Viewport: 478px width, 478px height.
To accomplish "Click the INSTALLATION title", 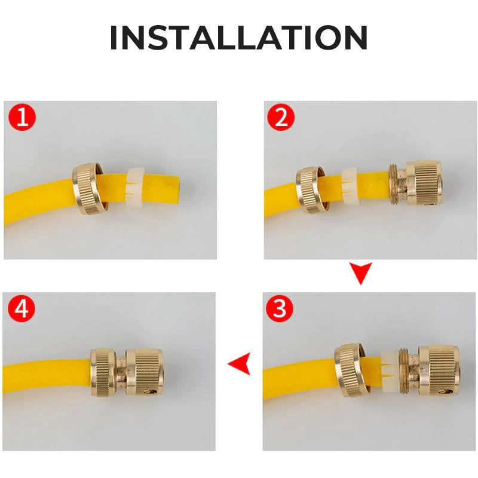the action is coord(238,37).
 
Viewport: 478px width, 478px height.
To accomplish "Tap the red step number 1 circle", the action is coord(22,117).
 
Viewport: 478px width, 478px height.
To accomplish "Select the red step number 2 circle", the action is coord(281,117).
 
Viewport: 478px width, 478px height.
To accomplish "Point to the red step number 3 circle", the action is coord(280,309).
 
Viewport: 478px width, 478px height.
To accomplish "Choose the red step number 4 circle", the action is coord(22,309).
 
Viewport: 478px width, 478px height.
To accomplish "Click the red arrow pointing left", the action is coord(240,363).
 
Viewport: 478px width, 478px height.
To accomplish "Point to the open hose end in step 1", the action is coord(180,185).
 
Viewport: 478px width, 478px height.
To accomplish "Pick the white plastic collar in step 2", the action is coord(350,186).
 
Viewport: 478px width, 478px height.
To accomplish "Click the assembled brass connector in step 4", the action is coord(127,372).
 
